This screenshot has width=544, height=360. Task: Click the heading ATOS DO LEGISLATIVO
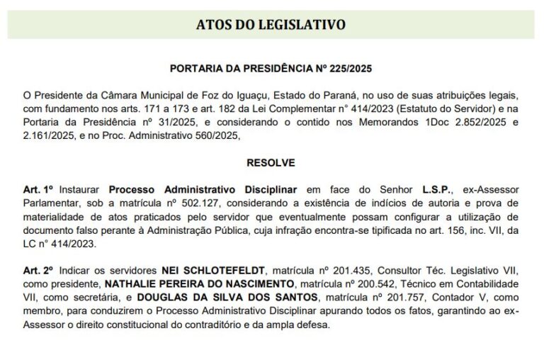(x=272, y=26)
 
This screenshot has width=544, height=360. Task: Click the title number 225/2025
(x=348, y=69)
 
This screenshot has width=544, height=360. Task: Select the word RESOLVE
(x=271, y=162)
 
